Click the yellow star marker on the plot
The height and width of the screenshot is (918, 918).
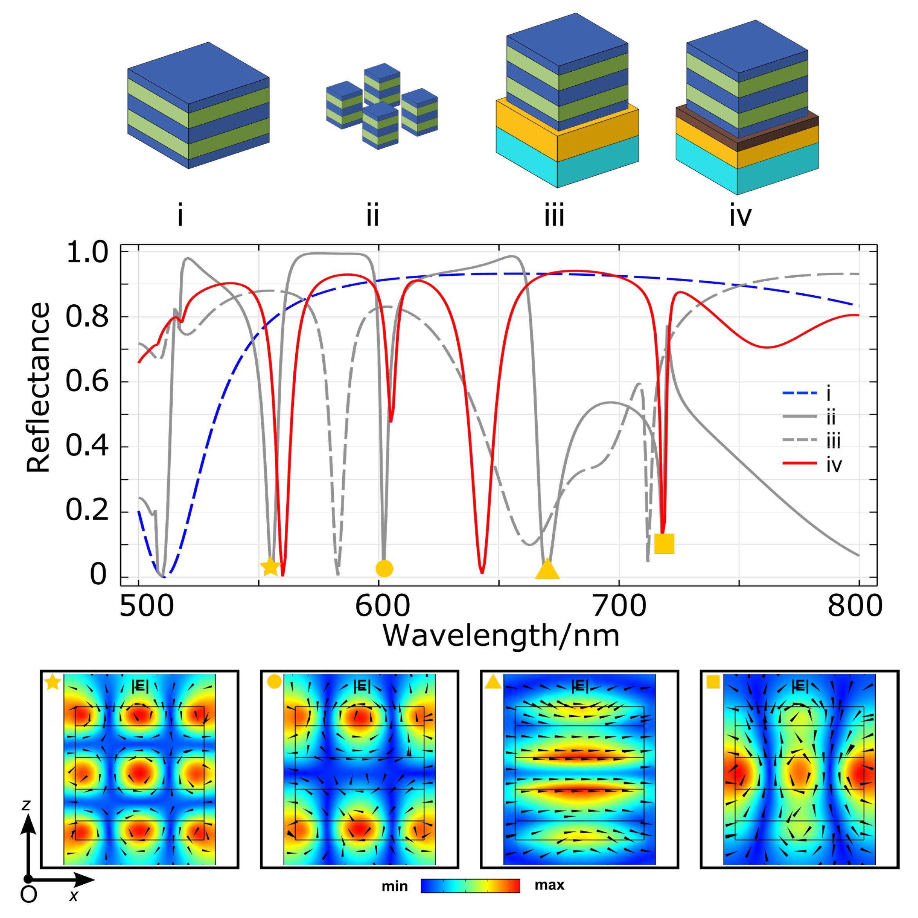[x=270, y=566]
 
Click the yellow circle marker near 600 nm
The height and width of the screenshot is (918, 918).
[x=384, y=568]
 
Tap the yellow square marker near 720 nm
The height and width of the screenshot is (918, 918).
[x=664, y=544]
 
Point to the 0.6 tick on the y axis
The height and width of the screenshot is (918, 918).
[x=87, y=381]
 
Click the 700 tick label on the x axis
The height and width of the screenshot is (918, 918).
[x=619, y=607]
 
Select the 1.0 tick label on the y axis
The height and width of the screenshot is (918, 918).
[x=87, y=252]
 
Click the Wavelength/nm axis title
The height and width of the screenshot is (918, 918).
[x=501, y=636]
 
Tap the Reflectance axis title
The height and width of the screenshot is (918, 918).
[x=38, y=387]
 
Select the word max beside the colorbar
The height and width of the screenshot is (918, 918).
[x=549, y=885]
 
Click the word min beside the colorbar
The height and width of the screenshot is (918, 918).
[x=394, y=887]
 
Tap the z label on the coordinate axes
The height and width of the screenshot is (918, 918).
[x=26, y=804]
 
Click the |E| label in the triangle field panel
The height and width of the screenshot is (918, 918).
[x=579, y=686]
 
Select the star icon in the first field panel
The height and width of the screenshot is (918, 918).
[x=52, y=683]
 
